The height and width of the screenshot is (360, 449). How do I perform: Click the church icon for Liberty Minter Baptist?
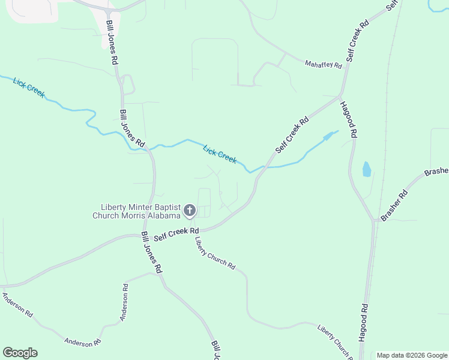[190, 210]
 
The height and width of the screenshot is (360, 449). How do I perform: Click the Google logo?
[20, 353]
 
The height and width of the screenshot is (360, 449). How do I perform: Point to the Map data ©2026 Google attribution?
[412, 355]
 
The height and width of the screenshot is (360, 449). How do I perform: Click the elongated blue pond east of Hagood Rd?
[367, 169]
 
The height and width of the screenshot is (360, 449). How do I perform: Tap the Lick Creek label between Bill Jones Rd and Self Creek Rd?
[220, 154]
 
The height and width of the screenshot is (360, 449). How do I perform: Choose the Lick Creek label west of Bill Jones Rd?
[29, 87]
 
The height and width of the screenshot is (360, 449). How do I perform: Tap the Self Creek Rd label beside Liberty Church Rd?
[176, 234]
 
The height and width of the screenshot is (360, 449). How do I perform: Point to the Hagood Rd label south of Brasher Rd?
[363, 323]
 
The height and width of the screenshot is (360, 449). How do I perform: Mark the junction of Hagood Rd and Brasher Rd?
[375, 220]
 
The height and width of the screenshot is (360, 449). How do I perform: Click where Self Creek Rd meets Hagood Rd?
[340, 96]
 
